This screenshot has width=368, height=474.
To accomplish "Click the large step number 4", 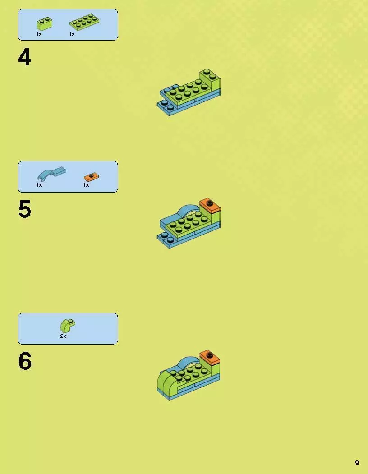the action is pyautogui.click(x=24, y=57).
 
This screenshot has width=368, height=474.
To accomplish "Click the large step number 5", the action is pyautogui.click(x=24, y=209).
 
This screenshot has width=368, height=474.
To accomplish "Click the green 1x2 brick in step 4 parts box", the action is pyautogui.click(x=44, y=24).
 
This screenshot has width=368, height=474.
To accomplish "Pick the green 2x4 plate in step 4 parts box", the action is pyautogui.click(x=84, y=22).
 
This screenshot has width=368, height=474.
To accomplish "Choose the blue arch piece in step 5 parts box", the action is pyautogui.click(x=51, y=174).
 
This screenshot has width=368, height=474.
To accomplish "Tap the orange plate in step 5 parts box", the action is pyautogui.click(x=91, y=177).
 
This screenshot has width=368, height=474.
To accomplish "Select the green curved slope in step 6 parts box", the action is pyautogui.click(x=68, y=326).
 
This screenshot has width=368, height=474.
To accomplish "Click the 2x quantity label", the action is pyautogui.click(x=63, y=336).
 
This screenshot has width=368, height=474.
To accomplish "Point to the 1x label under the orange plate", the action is pyautogui.click(x=86, y=185).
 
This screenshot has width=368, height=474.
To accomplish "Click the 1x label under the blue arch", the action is pyautogui.click(x=39, y=185).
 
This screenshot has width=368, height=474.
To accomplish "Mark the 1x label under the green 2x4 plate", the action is pyautogui.click(x=72, y=34).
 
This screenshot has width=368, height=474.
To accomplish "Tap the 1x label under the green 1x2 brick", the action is pyautogui.click(x=39, y=34).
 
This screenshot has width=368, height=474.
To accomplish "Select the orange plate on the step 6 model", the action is pyautogui.click(x=210, y=357).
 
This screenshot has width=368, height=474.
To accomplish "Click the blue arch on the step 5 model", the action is pyautogui.click(x=188, y=209).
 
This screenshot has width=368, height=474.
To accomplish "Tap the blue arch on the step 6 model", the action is pyautogui.click(x=188, y=361).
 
